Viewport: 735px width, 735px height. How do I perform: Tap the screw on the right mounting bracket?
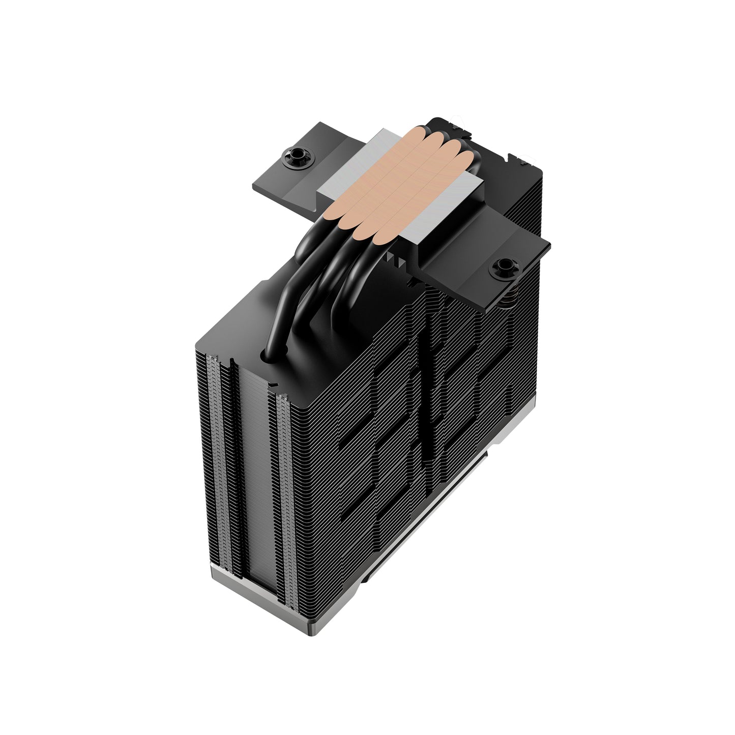504,265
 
